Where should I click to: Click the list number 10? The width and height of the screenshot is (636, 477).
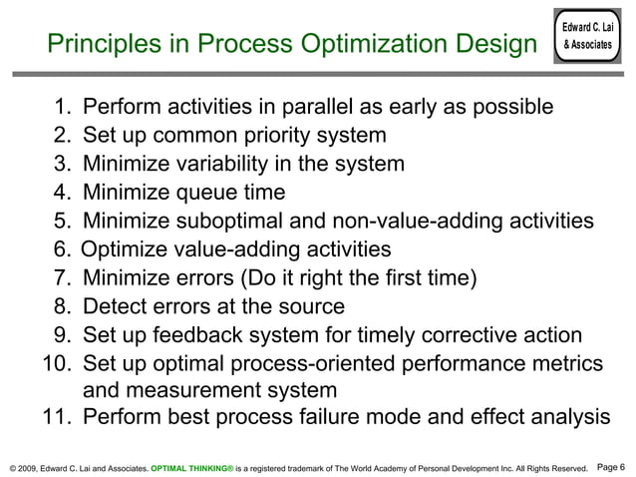tap(56, 364)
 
